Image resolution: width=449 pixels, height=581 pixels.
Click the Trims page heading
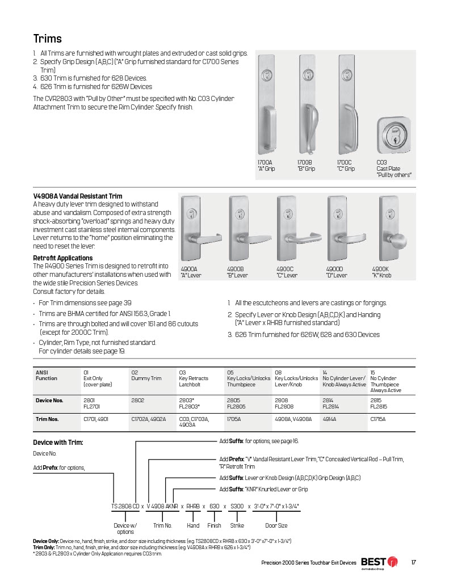click(48, 39)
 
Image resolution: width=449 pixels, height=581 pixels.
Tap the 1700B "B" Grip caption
click(306, 166)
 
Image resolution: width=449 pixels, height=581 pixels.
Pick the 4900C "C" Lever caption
click(287, 272)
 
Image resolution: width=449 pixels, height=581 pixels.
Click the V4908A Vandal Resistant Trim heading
click(78, 196)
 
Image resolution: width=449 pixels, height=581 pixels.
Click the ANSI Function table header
click(47, 375)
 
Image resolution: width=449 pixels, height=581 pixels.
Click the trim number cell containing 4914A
click(330, 419)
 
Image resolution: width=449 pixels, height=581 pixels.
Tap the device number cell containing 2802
click(138, 400)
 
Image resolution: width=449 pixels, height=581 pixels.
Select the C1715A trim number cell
click(379, 419)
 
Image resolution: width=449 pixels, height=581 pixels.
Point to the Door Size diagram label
click(276, 526)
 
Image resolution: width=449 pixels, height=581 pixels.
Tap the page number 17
click(414, 562)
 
